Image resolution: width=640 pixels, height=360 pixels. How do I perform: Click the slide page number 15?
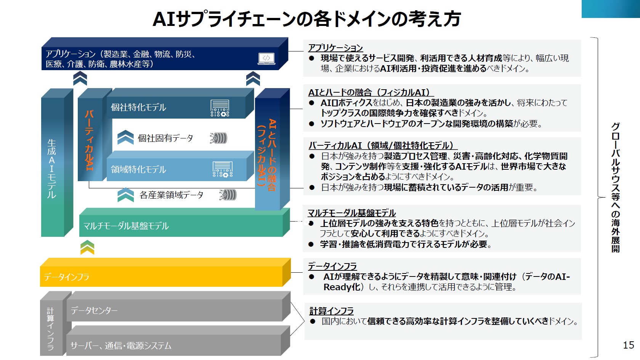click(x=628, y=345)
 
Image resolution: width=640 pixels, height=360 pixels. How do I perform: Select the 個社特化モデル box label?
click(x=138, y=108)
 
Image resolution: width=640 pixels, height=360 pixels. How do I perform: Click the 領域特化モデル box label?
click(x=138, y=169)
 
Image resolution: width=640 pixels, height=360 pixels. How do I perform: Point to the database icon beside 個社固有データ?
click(x=219, y=138)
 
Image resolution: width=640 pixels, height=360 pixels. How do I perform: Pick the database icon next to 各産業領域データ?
click(x=228, y=195)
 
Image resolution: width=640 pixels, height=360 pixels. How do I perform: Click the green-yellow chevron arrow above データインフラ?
click(x=87, y=247)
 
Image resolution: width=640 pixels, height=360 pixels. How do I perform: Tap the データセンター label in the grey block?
click(x=94, y=310)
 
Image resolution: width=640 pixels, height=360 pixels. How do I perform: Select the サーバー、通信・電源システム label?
click(x=121, y=346)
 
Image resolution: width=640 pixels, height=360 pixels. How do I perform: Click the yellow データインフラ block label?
click(x=66, y=277)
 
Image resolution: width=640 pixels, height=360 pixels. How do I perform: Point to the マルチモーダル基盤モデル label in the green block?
click(x=126, y=226)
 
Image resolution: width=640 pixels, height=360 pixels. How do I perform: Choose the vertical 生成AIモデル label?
click(x=51, y=168)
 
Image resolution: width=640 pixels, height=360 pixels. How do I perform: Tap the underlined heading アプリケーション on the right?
click(x=335, y=48)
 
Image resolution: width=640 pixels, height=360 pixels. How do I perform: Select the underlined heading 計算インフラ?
click(x=331, y=311)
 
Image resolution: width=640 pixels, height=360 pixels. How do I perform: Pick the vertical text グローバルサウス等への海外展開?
click(x=615, y=187)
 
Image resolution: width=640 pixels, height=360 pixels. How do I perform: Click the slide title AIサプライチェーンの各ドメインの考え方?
click(x=306, y=19)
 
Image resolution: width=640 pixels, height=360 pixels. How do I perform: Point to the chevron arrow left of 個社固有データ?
click(x=125, y=138)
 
